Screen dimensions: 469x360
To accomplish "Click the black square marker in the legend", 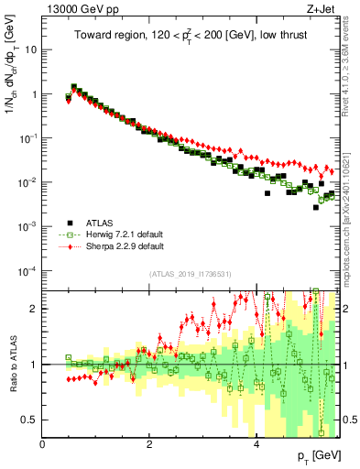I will (x=69, y=222).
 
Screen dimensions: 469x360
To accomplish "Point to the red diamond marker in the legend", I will (x=69, y=245).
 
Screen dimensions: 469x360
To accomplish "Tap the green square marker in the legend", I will (x=69, y=234).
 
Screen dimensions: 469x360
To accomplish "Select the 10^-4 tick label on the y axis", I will (x=27, y=270).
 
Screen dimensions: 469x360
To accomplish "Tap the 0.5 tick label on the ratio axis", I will (x=29, y=420).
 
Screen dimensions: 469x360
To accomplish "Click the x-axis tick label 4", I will (x=256, y=445).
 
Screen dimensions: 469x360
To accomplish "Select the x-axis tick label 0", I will (x=43, y=445).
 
